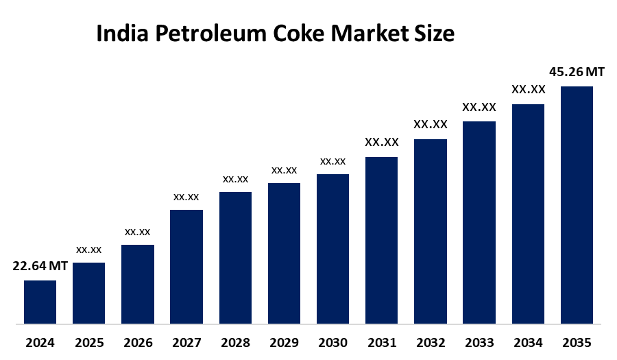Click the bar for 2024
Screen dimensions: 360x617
[x=40, y=302]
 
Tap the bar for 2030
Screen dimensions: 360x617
[x=332, y=248]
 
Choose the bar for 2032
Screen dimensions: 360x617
[x=431, y=231]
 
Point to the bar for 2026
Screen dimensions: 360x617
[x=138, y=284]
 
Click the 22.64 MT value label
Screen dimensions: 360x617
[x=40, y=267]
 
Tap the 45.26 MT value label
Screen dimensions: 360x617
[x=577, y=72]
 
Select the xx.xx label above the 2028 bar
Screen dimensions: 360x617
[x=235, y=179]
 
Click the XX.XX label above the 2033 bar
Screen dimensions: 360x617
[x=479, y=107]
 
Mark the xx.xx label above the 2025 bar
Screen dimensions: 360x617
[x=89, y=250]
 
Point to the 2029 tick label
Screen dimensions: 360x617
[x=284, y=342]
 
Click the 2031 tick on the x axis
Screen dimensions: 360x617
[x=381, y=342]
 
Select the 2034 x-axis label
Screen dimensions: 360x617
[x=528, y=342]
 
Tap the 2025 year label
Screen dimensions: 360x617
[x=89, y=342]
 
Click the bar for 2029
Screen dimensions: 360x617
[x=284, y=253]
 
